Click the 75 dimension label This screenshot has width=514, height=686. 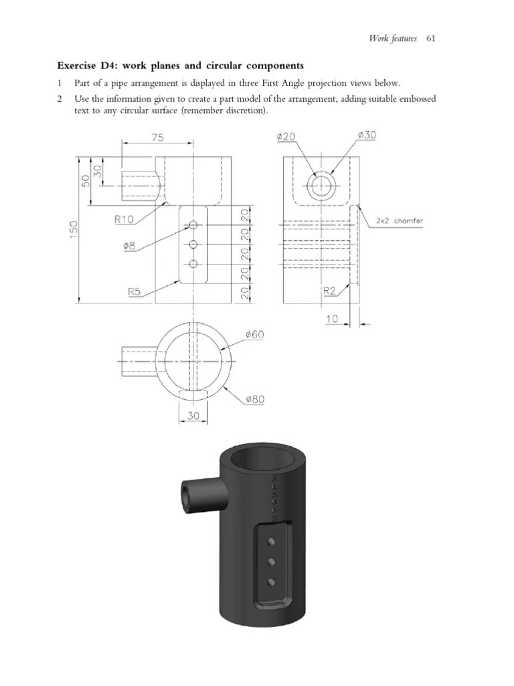[x=157, y=137]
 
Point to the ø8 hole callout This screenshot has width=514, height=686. [x=130, y=247]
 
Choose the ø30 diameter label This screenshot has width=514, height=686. [x=367, y=135]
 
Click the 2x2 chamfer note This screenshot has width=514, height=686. [x=399, y=220]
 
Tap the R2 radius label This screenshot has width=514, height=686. [x=330, y=291]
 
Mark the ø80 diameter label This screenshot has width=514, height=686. [x=255, y=400]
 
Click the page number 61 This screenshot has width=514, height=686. [x=430, y=38]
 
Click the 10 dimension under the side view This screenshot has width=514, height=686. [x=333, y=320]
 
